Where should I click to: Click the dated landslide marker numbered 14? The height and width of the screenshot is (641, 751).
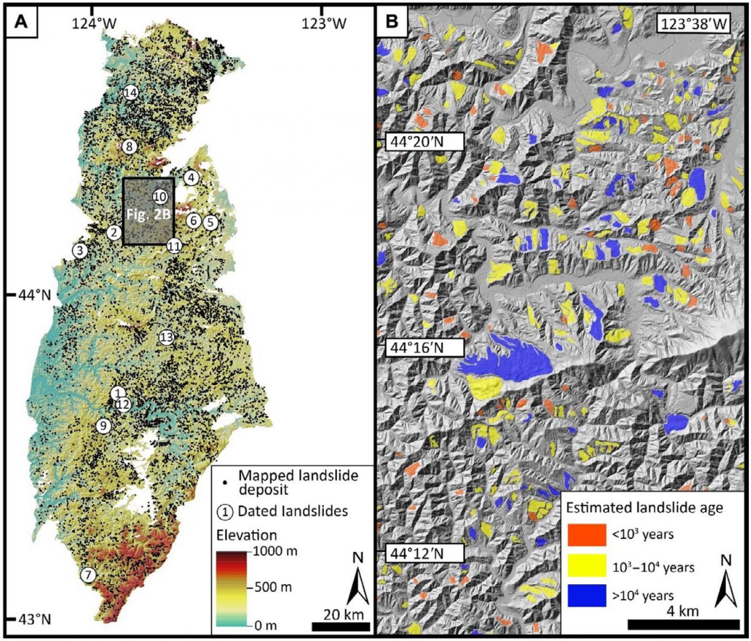[x=130, y=93]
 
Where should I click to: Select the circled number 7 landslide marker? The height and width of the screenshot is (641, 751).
[x=88, y=575]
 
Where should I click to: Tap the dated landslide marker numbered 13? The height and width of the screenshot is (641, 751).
[x=166, y=337]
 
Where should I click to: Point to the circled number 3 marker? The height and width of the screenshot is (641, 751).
[x=80, y=250]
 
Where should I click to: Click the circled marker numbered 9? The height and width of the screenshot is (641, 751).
[x=103, y=426]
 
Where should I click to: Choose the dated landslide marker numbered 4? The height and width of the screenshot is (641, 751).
[x=191, y=178]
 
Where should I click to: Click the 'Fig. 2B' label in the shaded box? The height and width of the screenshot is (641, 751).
[x=148, y=215]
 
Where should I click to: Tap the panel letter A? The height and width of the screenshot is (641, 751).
[x=21, y=21]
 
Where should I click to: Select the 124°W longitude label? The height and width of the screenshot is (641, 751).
[x=94, y=23]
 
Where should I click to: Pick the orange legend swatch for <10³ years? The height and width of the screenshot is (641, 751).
[x=587, y=535]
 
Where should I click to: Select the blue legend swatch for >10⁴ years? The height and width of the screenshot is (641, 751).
[x=587, y=595]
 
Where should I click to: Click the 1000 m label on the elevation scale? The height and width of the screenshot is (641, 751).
[x=276, y=550]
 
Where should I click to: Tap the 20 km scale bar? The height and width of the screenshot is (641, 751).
[x=341, y=626]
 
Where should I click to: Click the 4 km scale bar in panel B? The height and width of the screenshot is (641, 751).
[x=683, y=624]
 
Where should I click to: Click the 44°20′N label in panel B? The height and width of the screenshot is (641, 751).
[x=424, y=142]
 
